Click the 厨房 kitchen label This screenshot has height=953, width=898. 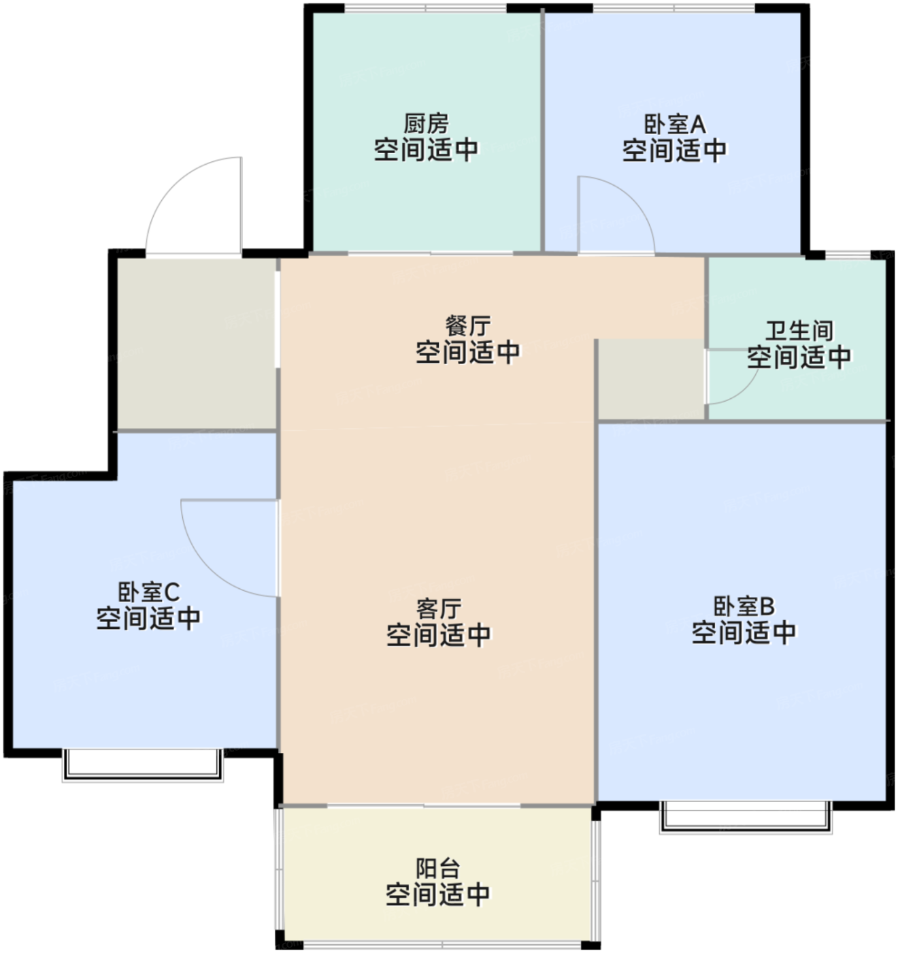click(x=427, y=125)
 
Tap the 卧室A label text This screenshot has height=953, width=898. click(x=674, y=125)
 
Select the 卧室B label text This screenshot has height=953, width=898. click(x=744, y=606)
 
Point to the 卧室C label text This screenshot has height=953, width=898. click(x=148, y=592)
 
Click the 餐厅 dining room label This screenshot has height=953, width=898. click(x=467, y=326)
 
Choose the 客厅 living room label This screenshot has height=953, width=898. click(x=439, y=608)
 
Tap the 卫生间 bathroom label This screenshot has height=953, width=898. click(x=799, y=331)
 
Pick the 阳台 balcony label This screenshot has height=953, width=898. click(x=437, y=869)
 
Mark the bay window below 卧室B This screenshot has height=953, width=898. click(x=746, y=817)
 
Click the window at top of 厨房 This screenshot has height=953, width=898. click(x=426, y=8)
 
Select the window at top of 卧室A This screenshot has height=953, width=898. click(x=673, y=8)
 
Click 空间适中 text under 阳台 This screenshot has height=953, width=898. click(x=437, y=894)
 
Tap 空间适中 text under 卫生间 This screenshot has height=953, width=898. click(x=799, y=357)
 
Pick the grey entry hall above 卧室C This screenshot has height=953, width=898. click(x=196, y=344)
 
